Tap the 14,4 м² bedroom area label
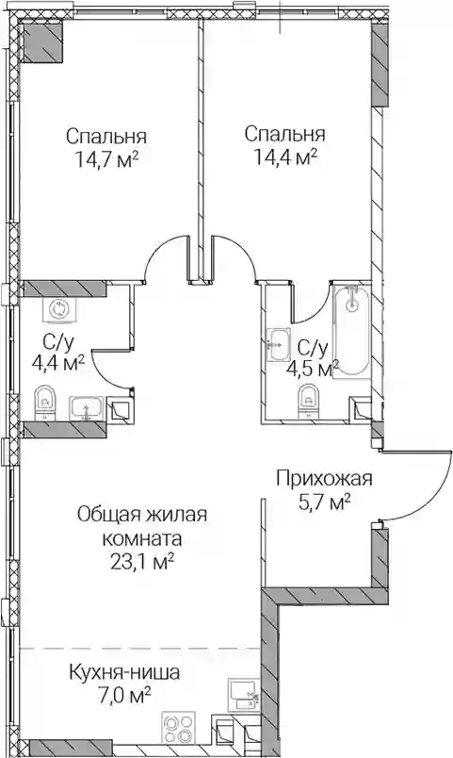click(x=285, y=157)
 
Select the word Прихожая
click(x=324, y=479)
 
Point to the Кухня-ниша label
click(x=124, y=672)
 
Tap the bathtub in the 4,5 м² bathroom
click(x=351, y=331)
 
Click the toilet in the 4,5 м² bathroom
click(x=308, y=401)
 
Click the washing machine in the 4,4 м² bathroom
click(x=58, y=310)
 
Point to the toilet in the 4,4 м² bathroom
click(x=45, y=402)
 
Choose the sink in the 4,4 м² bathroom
click(x=86, y=408)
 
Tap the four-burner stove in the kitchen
click(x=179, y=728)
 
